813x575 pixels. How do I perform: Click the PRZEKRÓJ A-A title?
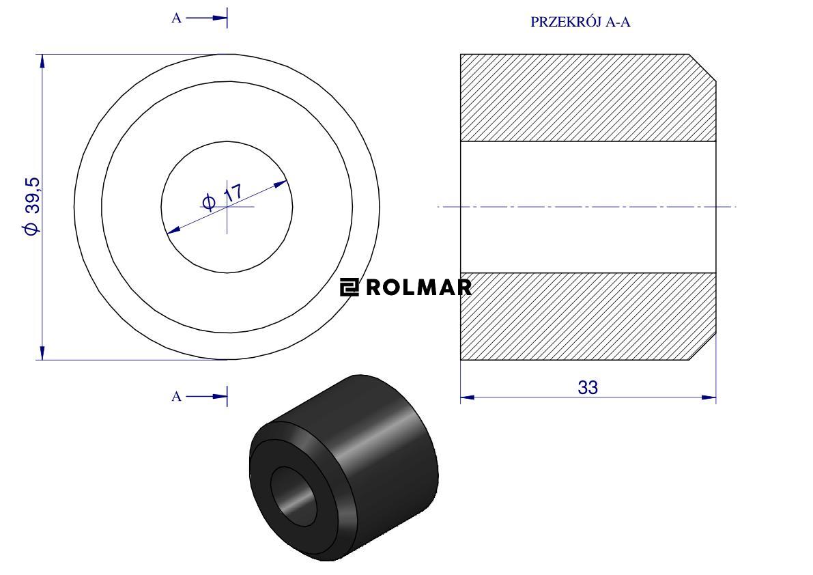[580, 22]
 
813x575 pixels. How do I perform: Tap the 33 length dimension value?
[588, 387]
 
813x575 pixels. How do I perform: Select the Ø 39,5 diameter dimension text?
[31, 206]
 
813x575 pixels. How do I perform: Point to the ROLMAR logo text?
[419, 287]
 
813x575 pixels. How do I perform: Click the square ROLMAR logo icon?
[349, 287]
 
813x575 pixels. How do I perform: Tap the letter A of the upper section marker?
[176, 18]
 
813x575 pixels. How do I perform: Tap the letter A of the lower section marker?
[176, 397]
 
